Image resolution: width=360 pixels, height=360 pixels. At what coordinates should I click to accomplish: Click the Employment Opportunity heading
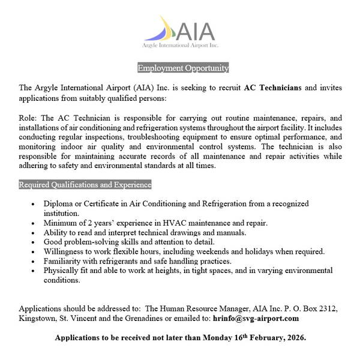tap(183, 67)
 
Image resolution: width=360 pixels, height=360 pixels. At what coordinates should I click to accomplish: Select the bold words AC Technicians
tap(273, 87)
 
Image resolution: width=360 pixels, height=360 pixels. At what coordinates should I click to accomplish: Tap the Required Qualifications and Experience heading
tap(85, 184)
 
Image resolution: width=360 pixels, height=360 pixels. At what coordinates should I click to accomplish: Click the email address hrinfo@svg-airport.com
tap(256, 318)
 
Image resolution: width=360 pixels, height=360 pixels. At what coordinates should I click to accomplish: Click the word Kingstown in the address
tap(38, 318)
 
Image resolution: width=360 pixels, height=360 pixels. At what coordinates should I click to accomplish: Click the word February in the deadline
tap(261, 338)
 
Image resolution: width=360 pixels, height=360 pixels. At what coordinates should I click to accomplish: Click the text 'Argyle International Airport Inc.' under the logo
tap(179, 46)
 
